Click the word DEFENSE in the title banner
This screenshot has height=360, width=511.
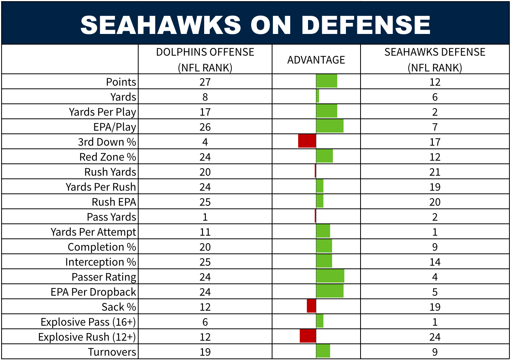[366, 25]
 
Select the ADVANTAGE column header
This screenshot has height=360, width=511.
[316, 60]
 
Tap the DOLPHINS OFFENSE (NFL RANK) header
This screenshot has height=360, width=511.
[205, 60]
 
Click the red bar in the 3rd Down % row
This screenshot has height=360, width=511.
[307, 141]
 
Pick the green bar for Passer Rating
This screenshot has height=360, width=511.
[330, 276]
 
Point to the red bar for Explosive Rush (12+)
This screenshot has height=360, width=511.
[308, 336]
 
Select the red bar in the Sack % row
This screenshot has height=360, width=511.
[312, 306]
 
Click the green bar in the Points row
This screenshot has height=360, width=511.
[327, 81]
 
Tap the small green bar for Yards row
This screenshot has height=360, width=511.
[317, 96]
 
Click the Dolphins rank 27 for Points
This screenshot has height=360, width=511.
[205, 82]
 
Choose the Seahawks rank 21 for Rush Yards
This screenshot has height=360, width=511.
[435, 172]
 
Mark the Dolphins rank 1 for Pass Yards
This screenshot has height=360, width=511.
[205, 217]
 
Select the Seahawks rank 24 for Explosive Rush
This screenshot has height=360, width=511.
[435, 337]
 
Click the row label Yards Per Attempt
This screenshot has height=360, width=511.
[93, 232]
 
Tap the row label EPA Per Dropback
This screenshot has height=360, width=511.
[93, 292]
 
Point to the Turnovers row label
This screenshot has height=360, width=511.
[112, 352]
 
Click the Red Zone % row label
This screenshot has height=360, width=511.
[108, 157]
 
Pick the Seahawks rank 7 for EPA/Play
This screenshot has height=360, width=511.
[435, 127]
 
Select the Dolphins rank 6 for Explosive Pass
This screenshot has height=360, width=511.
[205, 322]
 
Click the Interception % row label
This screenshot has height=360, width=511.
[101, 262]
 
